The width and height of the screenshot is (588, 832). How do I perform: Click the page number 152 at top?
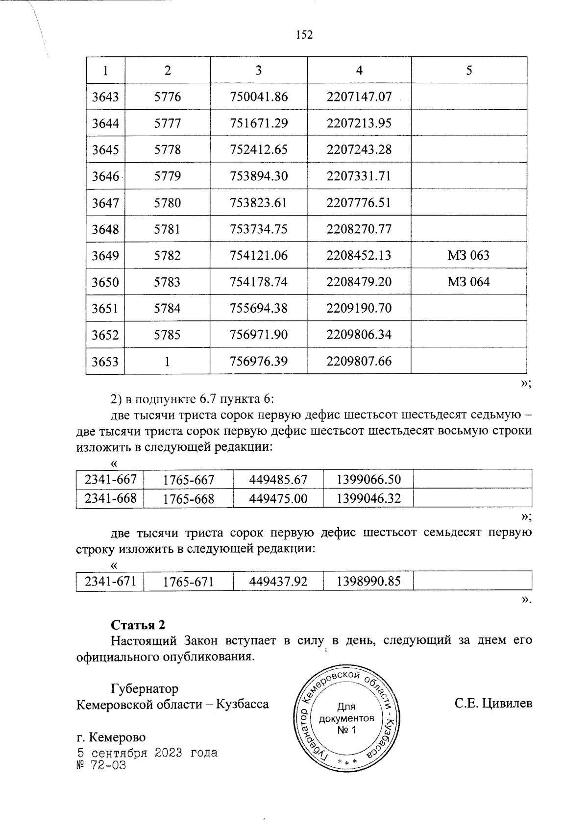pyautogui.click(x=304, y=35)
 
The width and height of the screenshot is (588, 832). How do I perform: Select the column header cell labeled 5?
pyautogui.click(x=469, y=71)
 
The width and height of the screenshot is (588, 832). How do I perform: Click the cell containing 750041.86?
pyautogui.click(x=259, y=97)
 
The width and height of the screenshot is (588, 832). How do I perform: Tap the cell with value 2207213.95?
pyautogui.click(x=359, y=123)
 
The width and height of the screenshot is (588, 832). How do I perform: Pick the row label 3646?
pyautogui.click(x=105, y=176)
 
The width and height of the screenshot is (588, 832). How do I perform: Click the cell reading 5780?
pyautogui.click(x=168, y=202)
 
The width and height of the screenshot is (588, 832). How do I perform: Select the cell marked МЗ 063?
pyautogui.click(x=468, y=255)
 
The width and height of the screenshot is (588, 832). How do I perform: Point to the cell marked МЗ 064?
pyautogui.click(x=468, y=282)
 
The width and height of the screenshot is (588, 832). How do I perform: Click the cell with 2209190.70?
pyautogui.click(x=359, y=308)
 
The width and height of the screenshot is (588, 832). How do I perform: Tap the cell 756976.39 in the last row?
pyautogui.click(x=259, y=361)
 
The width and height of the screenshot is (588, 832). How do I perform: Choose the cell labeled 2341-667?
pyautogui.click(x=110, y=479)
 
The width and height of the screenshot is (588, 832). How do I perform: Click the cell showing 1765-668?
pyautogui.click(x=189, y=499)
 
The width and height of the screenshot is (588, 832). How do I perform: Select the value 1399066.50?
pyautogui.click(x=369, y=480)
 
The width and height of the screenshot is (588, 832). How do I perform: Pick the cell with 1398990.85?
pyautogui.click(x=369, y=582)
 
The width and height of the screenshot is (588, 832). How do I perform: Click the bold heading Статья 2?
pyautogui.click(x=138, y=625)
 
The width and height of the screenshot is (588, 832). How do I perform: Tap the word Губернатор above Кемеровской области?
pyautogui.click(x=145, y=688)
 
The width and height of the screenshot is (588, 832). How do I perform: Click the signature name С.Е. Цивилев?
pyautogui.click(x=493, y=704)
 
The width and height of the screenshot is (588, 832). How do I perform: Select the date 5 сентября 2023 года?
pyautogui.click(x=147, y=753)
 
